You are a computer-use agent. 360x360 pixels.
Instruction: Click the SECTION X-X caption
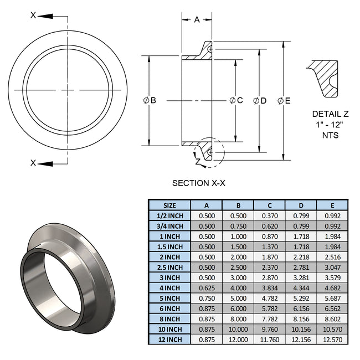pyautogui.click(x=199, y=183)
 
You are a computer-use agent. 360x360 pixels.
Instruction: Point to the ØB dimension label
pyautogui.click(x=150, y=100)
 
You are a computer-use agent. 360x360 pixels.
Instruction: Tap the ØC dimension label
pyautogui.click(x=236, y=100)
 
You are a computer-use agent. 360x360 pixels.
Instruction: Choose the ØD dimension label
pyautogui.click(x=260, y=100)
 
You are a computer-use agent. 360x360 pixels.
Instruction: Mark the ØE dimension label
pyautogui.click(x=284, y=100)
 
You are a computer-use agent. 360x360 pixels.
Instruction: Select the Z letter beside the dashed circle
pyautogui.click(x=197, y=161)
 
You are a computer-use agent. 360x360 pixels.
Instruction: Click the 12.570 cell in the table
pyautogui.click(x=332, y=339)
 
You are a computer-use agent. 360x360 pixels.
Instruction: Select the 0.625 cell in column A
pyautogui.click(x=206, y=287)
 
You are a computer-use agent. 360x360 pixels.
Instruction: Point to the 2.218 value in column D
pyautogui.click(x=300, y=256)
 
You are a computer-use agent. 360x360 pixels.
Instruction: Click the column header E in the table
pyautogui.click(x=332, y=204)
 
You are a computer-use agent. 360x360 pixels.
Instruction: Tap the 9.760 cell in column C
pyautogui.click(x=269, y=329)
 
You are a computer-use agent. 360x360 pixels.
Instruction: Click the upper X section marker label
pyautogui.click(x=33, y=15)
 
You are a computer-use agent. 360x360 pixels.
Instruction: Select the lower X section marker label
pyautogui.click(x=33, y=163)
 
